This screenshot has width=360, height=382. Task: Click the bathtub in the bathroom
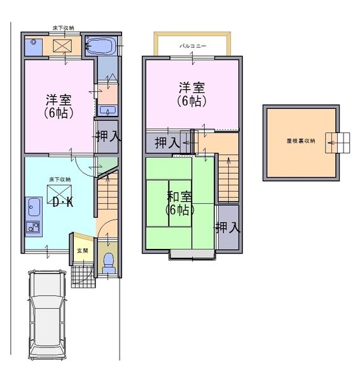point(100,46)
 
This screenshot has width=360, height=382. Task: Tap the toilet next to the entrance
point(109,262)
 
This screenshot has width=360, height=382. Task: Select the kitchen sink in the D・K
point(34,207)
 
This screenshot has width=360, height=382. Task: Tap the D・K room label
point(62,203)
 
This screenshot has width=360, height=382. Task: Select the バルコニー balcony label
point(191,46)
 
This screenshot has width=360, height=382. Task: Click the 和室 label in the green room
point(180,197)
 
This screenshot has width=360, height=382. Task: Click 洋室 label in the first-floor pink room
point(59,101)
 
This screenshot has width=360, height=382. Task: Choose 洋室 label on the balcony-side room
point(191,87)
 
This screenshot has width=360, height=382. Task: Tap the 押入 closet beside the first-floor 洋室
point(107,136)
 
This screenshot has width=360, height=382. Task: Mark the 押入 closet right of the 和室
point(227,227)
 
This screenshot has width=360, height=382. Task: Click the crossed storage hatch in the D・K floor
point(60,193)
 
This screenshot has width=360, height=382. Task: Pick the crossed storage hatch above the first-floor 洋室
point(62,46)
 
